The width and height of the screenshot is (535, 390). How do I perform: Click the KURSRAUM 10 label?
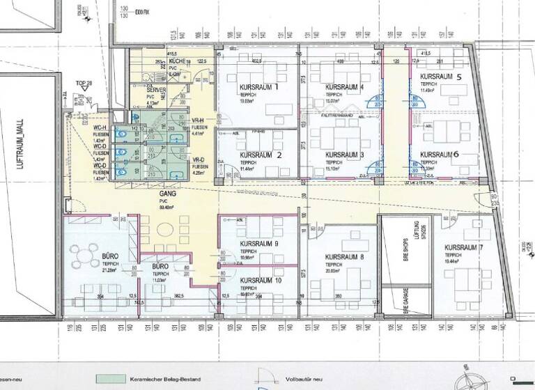[261, 280]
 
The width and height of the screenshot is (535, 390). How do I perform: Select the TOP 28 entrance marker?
[84, 84]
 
